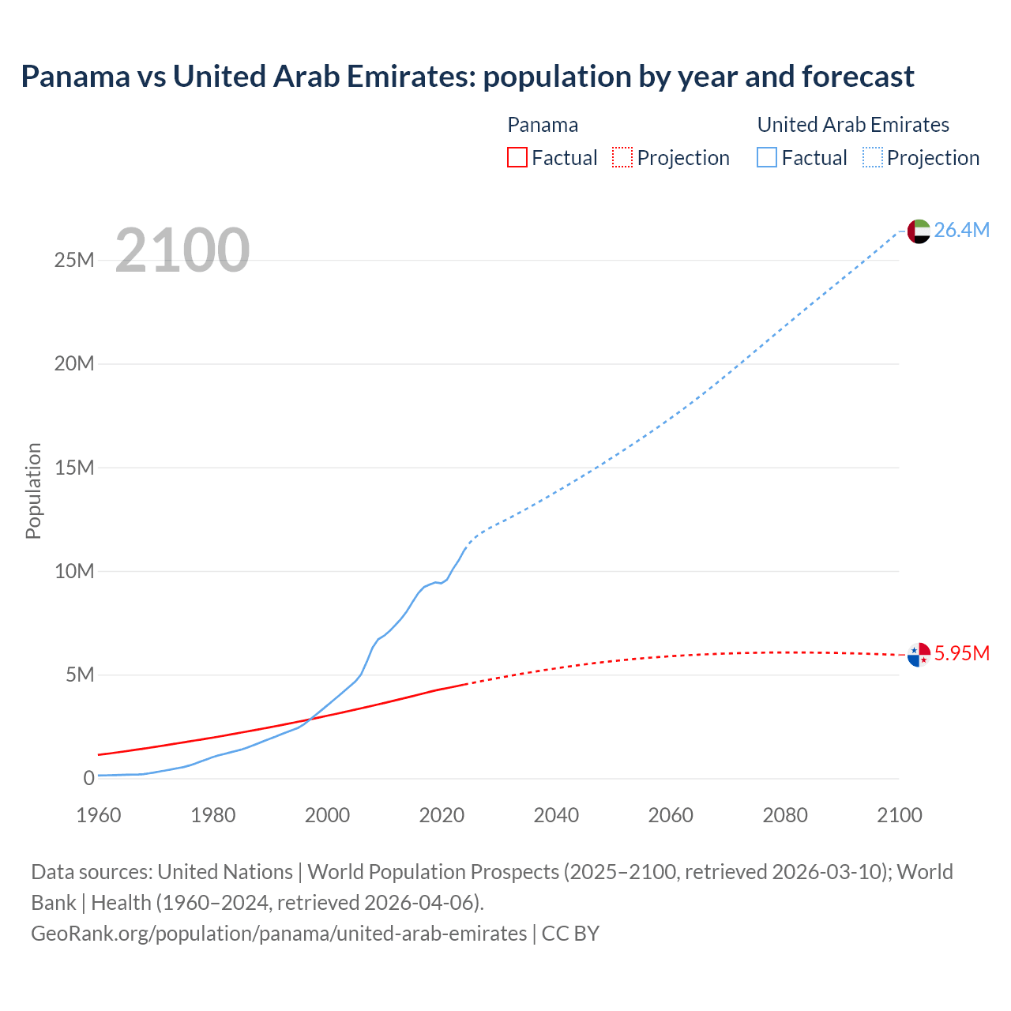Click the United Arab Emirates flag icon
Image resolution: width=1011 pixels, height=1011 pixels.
tap(919, 231)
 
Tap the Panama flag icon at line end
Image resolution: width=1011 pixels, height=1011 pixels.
tap(919, 654)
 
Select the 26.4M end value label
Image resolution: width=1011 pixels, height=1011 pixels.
tap(961, 230)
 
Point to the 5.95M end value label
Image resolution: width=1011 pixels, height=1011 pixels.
tap(961, 653)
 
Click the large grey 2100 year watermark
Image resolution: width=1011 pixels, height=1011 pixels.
tap(182, 250)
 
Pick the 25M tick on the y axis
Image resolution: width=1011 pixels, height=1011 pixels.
tap(74, 260)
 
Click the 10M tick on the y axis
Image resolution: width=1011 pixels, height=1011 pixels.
tap(74, 571)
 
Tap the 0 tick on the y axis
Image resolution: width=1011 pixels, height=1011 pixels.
tap(88, 778)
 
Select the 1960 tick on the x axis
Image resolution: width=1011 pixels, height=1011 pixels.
tap(99, 815)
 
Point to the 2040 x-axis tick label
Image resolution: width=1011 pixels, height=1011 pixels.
tap(556, 815)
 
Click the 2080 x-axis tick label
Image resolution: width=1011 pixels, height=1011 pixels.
tap(785, 815)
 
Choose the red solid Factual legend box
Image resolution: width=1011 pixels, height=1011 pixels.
tap(517, 157)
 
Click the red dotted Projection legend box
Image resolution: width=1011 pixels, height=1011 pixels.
tap(622, 157)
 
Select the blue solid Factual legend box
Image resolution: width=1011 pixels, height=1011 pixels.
tap(767, 157)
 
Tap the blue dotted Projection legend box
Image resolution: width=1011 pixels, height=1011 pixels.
tap(873, 157)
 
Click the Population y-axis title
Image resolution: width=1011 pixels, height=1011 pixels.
tap(33, 490)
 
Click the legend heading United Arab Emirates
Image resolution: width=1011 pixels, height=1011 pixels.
tap(853, 125)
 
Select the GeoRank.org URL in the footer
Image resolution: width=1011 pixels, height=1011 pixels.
tap(279, 934)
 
